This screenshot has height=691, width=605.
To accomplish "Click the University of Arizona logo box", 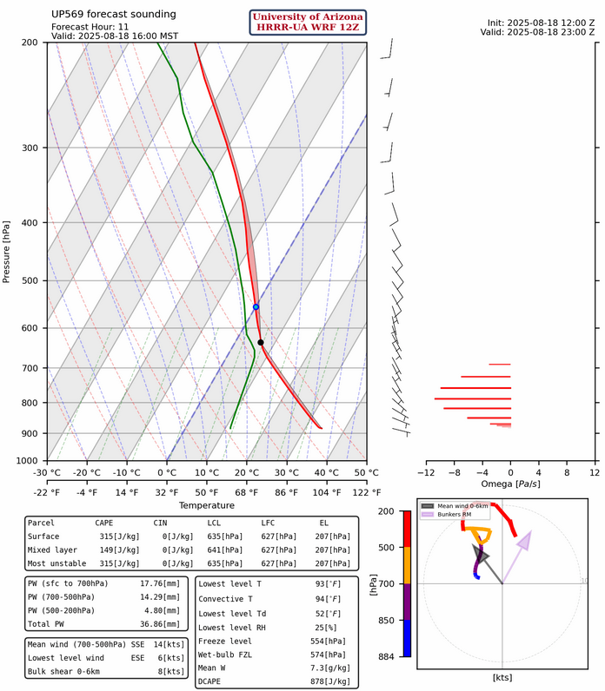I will [309, 23].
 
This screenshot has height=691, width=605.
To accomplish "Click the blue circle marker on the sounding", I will [256, 306].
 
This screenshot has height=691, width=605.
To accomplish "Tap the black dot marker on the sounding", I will [261, 342].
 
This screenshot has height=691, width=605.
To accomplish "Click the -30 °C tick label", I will [47, 473].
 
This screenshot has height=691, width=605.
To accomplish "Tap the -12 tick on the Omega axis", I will [426, 473].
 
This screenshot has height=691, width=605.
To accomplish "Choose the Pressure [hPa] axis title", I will [7, 251].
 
